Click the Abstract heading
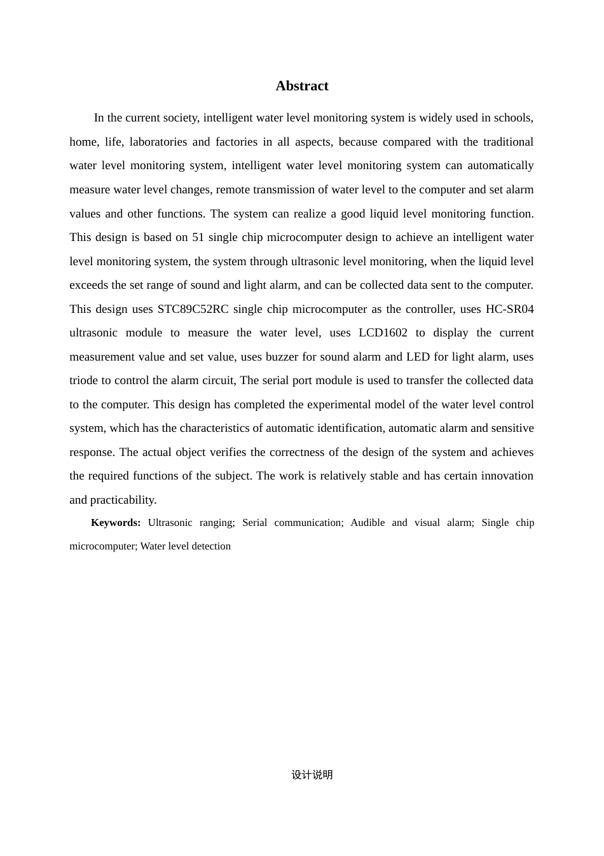click(302, 86)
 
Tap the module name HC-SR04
click(509, 309)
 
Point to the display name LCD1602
click(383, 333)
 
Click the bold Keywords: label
click(116, 523)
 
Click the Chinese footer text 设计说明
click(312, 775)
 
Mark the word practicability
click(123, 500)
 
